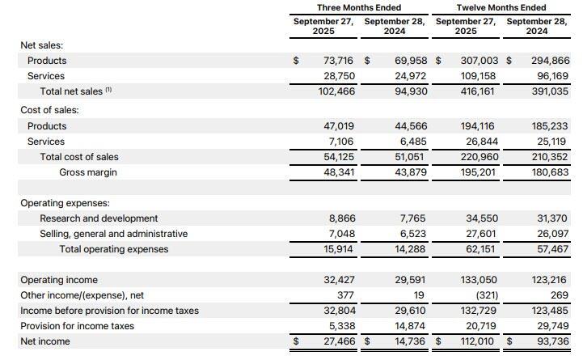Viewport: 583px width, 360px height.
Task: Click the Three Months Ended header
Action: (359, 7)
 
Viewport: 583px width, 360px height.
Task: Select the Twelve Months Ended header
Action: (501, 7)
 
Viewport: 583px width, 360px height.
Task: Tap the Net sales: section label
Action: (41, 45)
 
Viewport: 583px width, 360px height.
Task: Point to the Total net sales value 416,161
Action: (481, 91)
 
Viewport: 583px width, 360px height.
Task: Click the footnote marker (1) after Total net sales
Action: (108, 91)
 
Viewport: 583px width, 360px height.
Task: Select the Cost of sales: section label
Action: (50, 110)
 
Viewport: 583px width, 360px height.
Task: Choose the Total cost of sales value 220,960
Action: (481, 157)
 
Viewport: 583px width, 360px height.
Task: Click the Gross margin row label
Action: (88, 172)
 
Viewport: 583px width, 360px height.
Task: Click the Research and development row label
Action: (99, 218)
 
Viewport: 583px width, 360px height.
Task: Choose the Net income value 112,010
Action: (481, 341)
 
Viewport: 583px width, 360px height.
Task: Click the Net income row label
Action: (45, 341)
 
